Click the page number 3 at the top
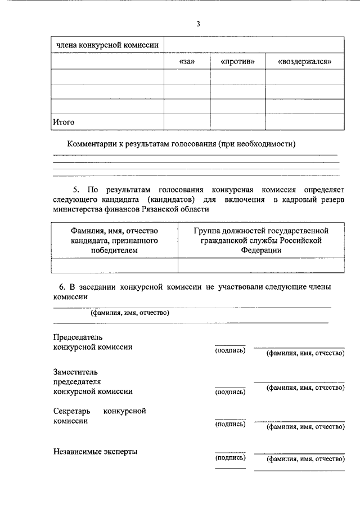(198, 24)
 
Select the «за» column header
(186, 61)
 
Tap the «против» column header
(237, 61)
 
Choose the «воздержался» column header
(304, 61)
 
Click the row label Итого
(64, 121)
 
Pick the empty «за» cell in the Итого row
(186, 121)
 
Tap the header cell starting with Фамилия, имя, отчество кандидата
(114, 240)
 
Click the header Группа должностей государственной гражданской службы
(261, 240)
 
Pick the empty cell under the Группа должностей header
(261, 265)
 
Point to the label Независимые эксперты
(95, 451)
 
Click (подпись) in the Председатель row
(230, 351)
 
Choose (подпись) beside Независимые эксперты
(230, 459)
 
